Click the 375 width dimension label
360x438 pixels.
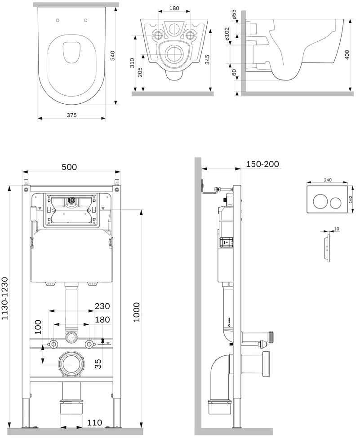tap(71, 115)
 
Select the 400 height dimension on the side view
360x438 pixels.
tap(347, 55)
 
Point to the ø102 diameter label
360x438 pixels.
tap(227, 34)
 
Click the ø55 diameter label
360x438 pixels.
tap(234, 14)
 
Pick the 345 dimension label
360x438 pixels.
tap(207, 59)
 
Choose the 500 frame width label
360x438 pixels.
tap(69, 167)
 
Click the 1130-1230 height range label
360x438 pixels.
tap(5, 298)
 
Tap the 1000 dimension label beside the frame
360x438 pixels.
tap(136, 312)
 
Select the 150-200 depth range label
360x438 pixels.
tap(262, 164)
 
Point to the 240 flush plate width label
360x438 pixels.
tap(328, 180)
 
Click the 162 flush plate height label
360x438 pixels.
tap(351, 199)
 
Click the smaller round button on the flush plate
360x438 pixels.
tap(336, 203)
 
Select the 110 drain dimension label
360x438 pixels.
tap(94, 422)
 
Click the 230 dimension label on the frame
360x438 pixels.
tap(102, 306)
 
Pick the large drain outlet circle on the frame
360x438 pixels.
tap(71, 364)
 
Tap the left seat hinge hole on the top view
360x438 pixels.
tap(58, 20)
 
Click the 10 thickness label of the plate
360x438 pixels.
tap(337, 229)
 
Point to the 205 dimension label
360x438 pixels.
tap(140, 72)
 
